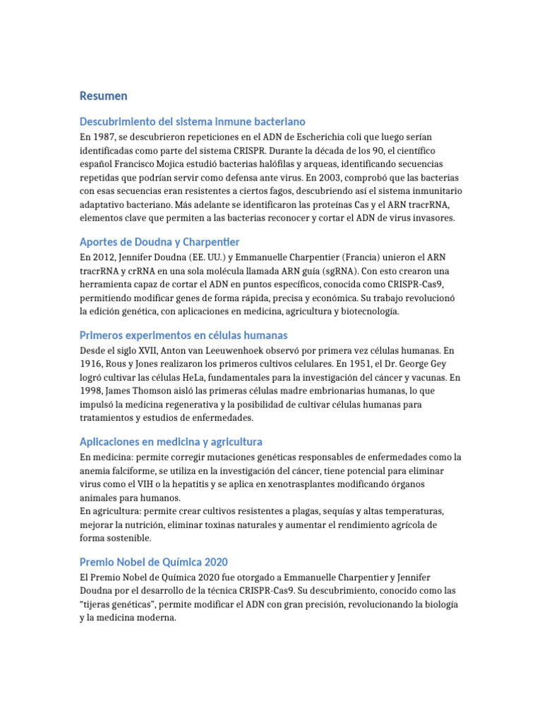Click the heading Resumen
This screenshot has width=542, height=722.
pyautogui.click(x=104, y=96)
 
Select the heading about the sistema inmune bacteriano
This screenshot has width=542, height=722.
pyautogui.click(x=193, y=122)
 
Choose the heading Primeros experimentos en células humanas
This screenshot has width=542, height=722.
pyautogui.click(x=183, y=335)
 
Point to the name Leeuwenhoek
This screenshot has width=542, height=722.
pyautogui.click(x=241, y=350)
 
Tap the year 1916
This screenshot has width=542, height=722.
pyautogui.click(x=91, y=363)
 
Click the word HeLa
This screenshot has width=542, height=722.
pyautogui.click(x=212, y=377)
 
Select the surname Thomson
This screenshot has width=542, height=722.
pyautogui.click(x=159, y=391)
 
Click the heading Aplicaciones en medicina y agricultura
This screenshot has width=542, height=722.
pyautogui.click(x=171, y=441)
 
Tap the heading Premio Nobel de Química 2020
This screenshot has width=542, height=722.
pyautogui.click(x=154, y=562)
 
